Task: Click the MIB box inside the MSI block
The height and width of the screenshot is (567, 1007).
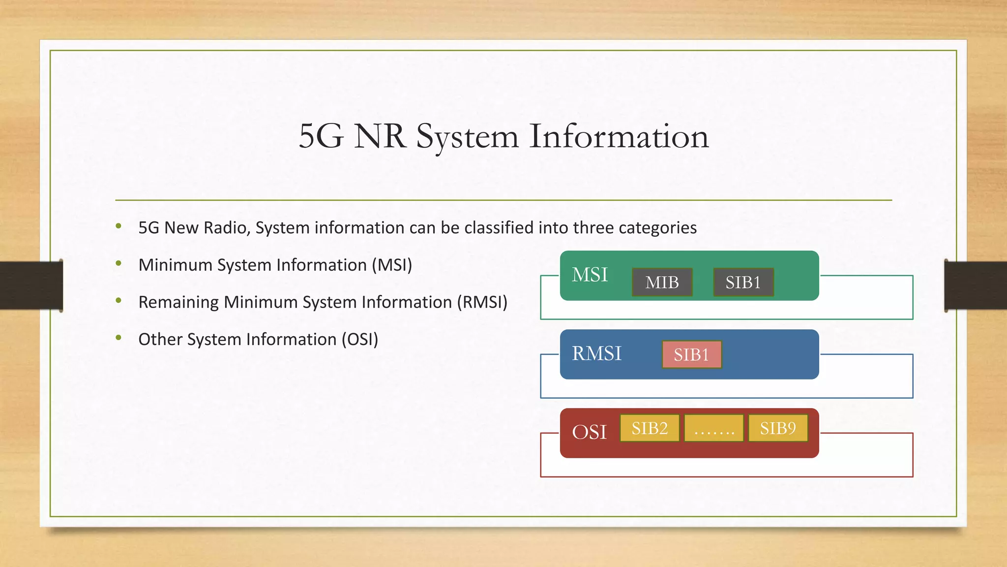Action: pos(662,282)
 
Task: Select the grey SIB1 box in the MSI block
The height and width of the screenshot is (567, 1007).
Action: pos(743,282)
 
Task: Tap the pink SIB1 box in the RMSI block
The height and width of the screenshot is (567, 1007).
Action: pos(691,354)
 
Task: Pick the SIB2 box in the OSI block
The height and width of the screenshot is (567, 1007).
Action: pos(650,428)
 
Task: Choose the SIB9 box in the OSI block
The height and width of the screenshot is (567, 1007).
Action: pos(778,428)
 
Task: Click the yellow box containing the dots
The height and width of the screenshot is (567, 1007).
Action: pos(714,428)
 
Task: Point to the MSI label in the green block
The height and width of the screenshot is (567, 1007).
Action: pos(590,275)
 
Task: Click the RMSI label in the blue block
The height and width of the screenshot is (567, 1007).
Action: pos(596,353)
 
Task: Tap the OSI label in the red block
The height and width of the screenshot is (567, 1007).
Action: pos(589,432)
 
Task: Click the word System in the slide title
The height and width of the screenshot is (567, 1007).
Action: pos(467,137)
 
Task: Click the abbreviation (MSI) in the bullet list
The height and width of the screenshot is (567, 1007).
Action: pos(392,265)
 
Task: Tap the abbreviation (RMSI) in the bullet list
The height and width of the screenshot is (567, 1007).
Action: pos(482,302)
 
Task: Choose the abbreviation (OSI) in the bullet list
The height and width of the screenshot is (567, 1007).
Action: pos(360,340)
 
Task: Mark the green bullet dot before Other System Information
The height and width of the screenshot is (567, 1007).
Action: pos(118,338)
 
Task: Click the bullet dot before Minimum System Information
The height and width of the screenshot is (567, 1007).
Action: pos(118,263)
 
